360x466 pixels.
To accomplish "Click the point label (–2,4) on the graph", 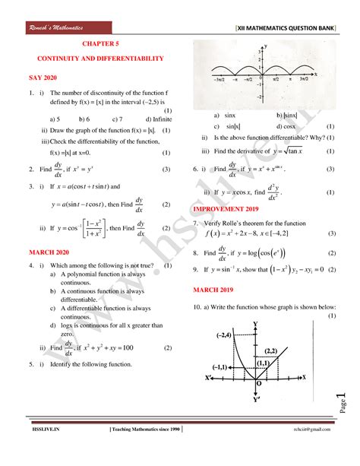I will pos(223,334).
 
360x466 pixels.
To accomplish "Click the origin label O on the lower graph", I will pos(259,384).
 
